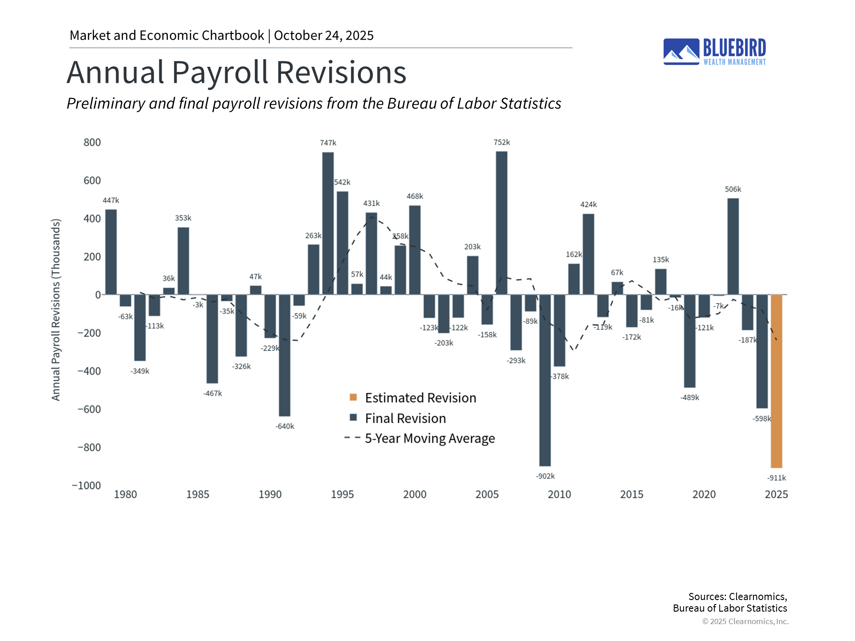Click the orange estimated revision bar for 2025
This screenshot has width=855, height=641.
coord(776,381)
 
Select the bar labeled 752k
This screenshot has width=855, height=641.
coord(501,223)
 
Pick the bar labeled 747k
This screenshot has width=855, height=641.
coord(328,223)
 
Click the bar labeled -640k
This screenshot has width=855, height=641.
coord(285,355)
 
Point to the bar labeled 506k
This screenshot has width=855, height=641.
coord(733,246)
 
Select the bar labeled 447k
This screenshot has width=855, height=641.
coord(111,252)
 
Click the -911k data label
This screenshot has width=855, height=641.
coord(776,478)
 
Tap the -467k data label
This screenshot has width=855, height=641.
coord(212,394)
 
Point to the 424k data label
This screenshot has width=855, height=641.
coord(588,205)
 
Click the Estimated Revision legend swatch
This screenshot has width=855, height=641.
coord(353,397)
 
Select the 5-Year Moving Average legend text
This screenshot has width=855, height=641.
coord(430,438)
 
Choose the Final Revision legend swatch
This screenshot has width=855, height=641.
coord(353,418)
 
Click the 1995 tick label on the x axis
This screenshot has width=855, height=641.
coord(342,495)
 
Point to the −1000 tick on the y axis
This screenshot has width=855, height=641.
coord(86,486)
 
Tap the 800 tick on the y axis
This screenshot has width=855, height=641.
coord(92,142)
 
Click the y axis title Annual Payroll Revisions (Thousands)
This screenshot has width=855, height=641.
coord(56,310)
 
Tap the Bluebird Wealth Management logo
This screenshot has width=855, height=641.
coord(714,52)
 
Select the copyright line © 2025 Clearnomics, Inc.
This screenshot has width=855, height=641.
coord(745,621)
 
